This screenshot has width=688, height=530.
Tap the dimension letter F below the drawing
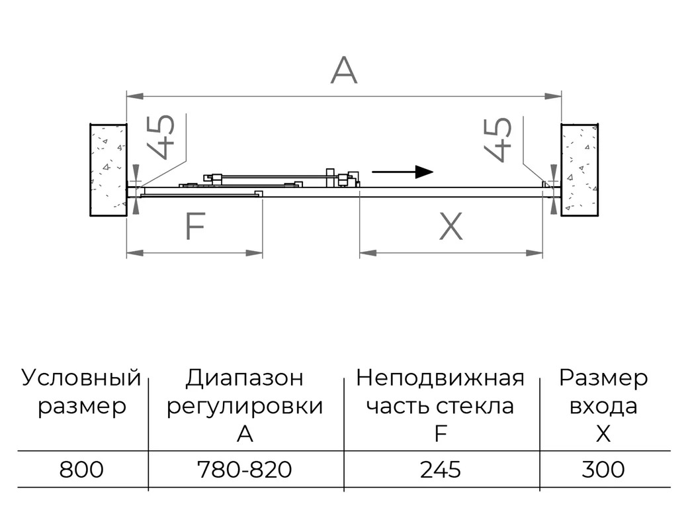coord(195,226)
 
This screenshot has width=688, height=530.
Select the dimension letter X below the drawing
coord(451,226)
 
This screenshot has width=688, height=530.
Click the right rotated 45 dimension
coord(498,140)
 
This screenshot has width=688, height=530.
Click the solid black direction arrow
coord(402,172)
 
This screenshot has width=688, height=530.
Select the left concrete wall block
coord(108,170)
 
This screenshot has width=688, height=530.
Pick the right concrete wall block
coord(580,170)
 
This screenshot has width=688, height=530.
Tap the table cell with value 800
coord(81,469)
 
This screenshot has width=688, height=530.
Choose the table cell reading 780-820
coord(245,469)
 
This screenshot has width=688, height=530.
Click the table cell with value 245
coord(441,469)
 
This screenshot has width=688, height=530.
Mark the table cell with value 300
coord(603,469)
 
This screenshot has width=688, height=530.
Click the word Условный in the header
coord(81,378)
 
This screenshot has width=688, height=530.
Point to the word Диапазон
coord(244,378)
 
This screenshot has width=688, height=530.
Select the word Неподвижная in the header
coord(440,378)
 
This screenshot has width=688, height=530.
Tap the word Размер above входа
coord(603,378)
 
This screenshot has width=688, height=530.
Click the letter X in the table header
coord(604,434)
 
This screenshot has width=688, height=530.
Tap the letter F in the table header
coord(440,434)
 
